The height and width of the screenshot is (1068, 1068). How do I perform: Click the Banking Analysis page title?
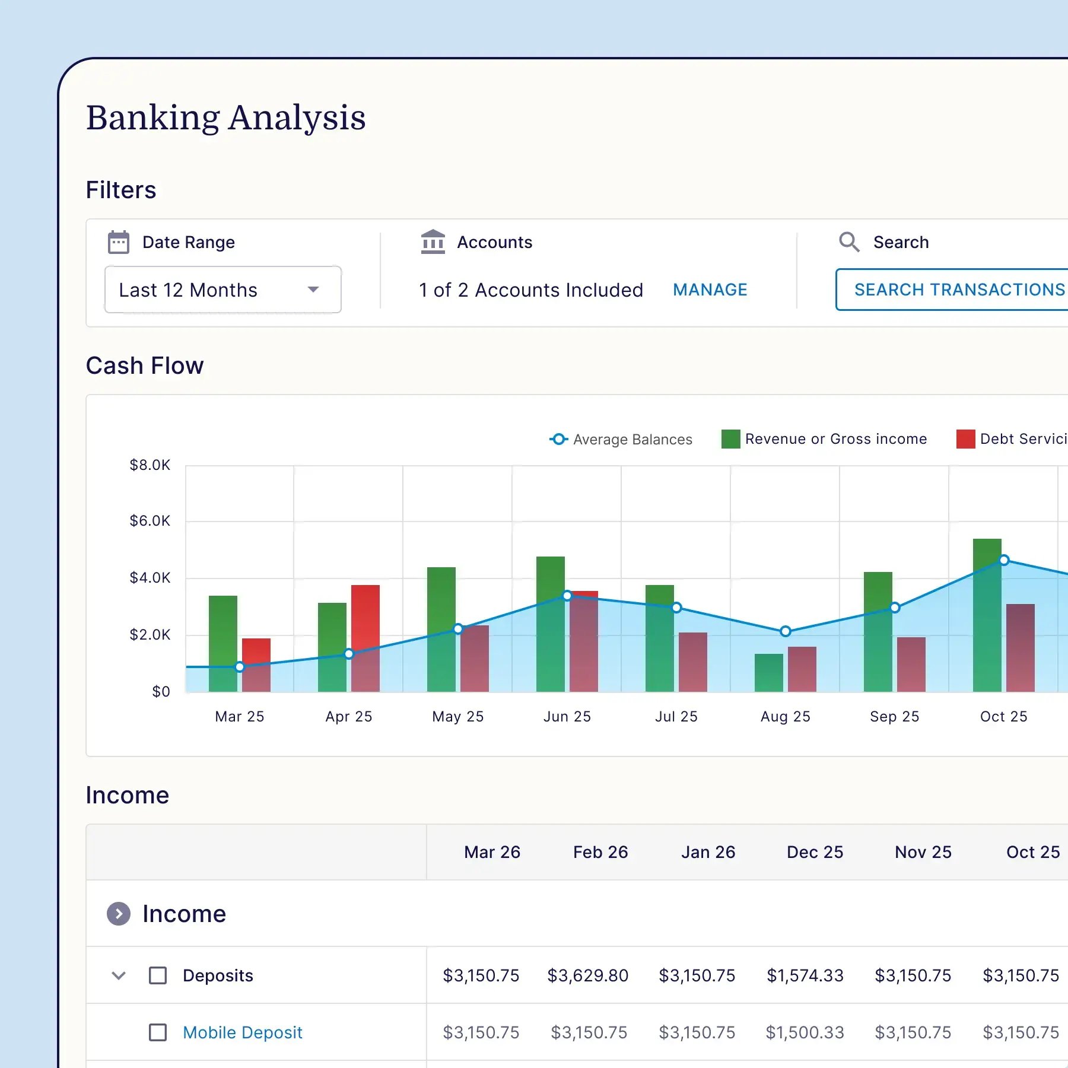pos(225,117)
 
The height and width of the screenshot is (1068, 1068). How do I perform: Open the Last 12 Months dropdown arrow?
pos(313,290)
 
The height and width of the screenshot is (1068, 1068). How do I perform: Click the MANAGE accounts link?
pos(710,290)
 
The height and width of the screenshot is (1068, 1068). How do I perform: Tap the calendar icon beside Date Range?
pos(119,242)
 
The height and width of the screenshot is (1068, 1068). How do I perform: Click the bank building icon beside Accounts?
pos(433,242)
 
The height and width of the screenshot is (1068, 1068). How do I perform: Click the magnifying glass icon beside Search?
pos(848,242)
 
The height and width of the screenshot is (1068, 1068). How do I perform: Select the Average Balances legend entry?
pos(621,439)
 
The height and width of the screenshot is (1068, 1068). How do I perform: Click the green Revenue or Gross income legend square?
pos(730,439)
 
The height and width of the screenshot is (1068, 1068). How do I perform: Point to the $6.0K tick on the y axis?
pos(150,521)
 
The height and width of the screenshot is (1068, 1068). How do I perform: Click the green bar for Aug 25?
pos(768,673)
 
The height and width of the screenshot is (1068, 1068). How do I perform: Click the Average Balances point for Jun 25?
pos(567,595)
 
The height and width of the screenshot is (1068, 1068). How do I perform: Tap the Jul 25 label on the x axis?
pos(676,717)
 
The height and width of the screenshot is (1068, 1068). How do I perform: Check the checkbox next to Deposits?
pos(158,975)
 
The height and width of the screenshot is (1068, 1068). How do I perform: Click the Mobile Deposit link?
pos(242,1032)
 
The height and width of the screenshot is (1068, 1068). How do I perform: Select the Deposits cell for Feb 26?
pos(587,975)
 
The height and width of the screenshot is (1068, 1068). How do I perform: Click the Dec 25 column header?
pos(815,852)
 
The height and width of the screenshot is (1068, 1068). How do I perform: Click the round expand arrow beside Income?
pos(119,914)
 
